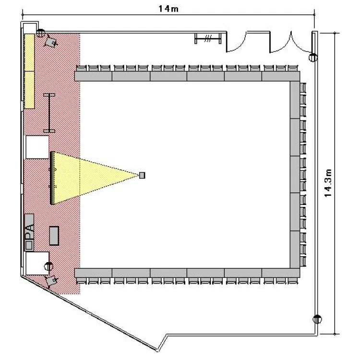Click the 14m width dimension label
[x=168, y=9]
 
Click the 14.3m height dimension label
[x=328, y=183]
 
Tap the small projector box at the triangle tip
[x=143, y=175]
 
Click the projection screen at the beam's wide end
[x=52, y=178]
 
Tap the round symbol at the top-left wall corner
[x=40, y=33]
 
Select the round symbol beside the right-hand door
[x=313, y=58]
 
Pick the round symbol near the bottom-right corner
[x=317, y=319]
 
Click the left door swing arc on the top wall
[x=239, y=46]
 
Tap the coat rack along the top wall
[x=208, y=38]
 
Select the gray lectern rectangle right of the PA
[x=54, y=236]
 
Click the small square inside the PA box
[x=29, y=245]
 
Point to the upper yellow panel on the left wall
[x=29, y=53]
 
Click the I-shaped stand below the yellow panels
[x=49, y=113]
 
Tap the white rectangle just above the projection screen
[x=37, y=147]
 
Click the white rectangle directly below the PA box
[x=37, y=263]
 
